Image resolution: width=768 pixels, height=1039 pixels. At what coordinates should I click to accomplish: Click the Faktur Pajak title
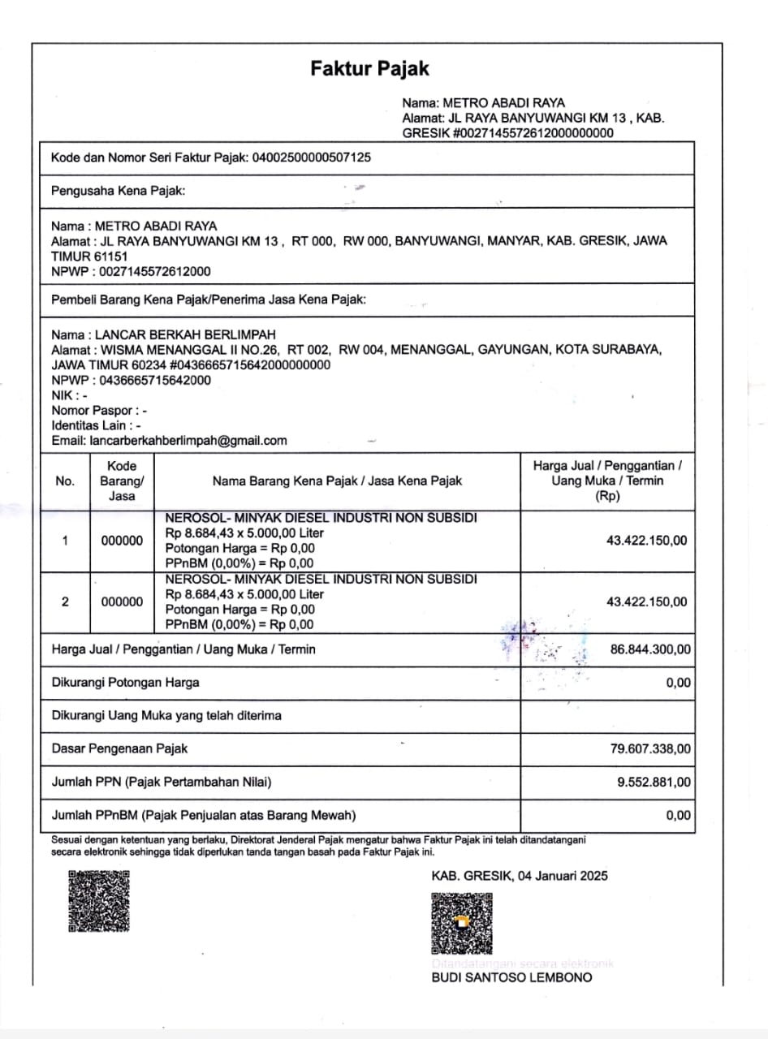tap(369, 69)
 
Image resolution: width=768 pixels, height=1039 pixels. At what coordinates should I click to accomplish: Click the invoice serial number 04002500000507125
tap(312, 157)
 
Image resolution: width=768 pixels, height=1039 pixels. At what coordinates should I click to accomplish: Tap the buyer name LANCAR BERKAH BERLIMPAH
tap(185, 334)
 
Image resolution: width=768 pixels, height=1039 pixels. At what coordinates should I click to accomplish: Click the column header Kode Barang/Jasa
tap(122, 481)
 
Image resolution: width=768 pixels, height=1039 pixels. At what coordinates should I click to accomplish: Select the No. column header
tap(65, 481)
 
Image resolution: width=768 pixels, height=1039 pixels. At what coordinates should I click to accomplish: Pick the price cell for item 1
tap(646, 541)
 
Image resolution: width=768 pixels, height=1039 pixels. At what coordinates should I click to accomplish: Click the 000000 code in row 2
tap(122, 602)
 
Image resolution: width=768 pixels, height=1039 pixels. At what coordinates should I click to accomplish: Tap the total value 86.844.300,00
tap(650, 649)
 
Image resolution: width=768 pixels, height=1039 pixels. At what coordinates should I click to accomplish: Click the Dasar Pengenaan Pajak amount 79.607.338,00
tap(650, 748)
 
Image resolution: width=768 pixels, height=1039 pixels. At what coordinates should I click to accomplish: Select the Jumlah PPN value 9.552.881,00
tap(654, 782)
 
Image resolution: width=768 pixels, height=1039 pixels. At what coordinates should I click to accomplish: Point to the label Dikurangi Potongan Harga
tap(125, 683)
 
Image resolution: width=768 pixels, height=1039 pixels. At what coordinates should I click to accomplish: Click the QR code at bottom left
tap(99, 901)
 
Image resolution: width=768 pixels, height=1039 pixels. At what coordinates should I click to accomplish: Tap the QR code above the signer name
tap(461, 924)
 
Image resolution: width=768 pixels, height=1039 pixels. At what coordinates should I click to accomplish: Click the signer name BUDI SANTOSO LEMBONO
tap(511, 977)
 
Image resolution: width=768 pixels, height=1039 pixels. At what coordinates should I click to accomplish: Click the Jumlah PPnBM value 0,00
tap(678, 816)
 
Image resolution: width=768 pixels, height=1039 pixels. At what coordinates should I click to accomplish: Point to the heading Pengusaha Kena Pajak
tap(118, 192)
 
